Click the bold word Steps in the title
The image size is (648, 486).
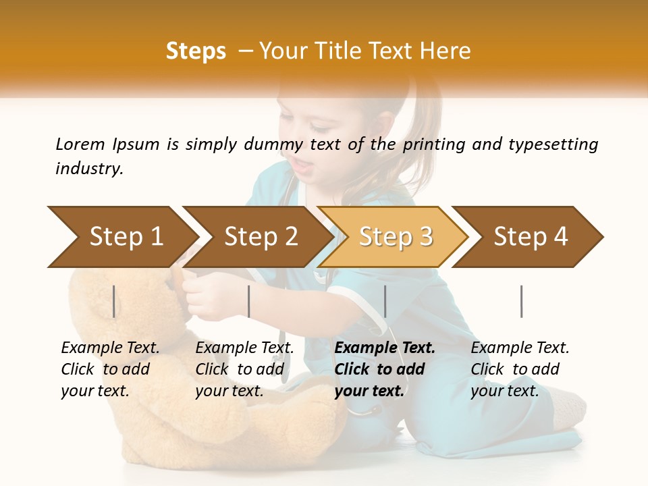pyautogui.click(x=196, y=51)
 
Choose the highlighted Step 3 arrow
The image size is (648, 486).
pyautogui.click(x=396, y=237)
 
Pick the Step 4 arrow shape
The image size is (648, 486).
pyautogui.click(x=531, y=237)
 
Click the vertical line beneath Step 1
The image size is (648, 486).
pyautogui.click(x=114, y=301)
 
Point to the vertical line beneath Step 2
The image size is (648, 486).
pyautogui.click(x=249, y=301)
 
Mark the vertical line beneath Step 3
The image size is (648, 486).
pyautogui.click(x=385, y=301)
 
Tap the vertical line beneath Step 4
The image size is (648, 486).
pyautogui.click(x=521, y=301)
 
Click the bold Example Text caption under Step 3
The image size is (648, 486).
pyautogui.click(x=385, y=369)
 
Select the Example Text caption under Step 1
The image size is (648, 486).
pyautogui.click(x=110, y=369)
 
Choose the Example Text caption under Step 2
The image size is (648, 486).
pyautogui.click(x=244, y=369)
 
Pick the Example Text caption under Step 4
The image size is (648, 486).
pyautogui.click(x=520, y=369)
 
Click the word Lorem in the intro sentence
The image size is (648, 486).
pyautogui.click(x=80, y=144)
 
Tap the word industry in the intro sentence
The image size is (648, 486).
pyautogui.click(x=88, y=169)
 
